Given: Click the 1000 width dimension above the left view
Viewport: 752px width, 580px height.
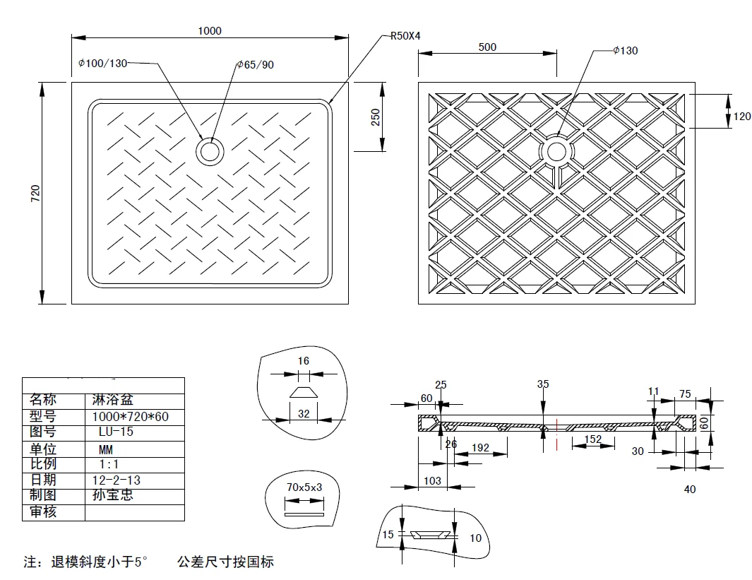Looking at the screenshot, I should click(x=210, y=30).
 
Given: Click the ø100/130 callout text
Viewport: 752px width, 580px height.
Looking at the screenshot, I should click(x=103, y=64).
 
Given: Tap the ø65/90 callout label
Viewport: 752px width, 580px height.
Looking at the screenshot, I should click(x=255, y=65).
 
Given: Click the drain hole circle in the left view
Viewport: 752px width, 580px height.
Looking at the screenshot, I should click(x=210, y=151).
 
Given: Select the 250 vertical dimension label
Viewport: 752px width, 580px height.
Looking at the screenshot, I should click(x=376, y=117).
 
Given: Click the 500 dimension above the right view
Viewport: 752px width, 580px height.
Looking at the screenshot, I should click(x=487, y=47).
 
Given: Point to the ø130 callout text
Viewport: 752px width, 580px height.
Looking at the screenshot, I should click(x=625, y=50).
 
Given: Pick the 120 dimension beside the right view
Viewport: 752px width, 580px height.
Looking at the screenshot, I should click(x=742, y=117).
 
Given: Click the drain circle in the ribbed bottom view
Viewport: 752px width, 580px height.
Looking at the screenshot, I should click(x=556, y=151).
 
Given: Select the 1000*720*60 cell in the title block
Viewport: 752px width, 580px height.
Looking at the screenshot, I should click(x=131, y=417).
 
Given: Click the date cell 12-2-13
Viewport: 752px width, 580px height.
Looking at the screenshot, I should click(x=117, y=480).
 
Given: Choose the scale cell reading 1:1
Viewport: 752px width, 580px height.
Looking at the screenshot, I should click(x=108, y=464).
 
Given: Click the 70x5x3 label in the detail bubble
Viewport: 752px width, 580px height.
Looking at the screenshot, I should click(x=304, y=487).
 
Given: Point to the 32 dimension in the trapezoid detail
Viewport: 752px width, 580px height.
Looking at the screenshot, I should click(x=304, y=414).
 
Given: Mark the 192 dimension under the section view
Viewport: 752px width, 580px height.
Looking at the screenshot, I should click(x=481, y=447).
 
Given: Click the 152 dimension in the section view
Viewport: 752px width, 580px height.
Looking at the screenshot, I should click(x=592, y=439).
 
